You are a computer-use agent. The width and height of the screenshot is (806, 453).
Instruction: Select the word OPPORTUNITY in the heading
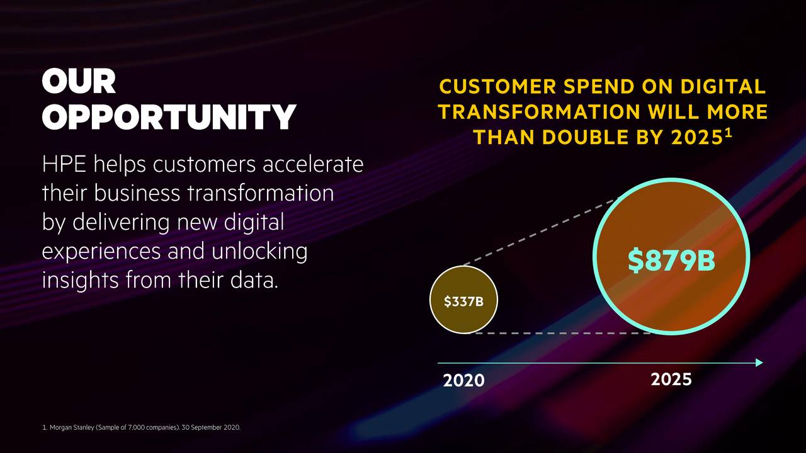[169, 117]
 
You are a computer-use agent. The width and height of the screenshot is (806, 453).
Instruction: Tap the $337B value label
[463, 301]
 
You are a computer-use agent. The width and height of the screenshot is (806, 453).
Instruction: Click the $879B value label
[671, 261]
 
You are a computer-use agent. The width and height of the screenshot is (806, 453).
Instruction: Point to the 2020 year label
[463, 381]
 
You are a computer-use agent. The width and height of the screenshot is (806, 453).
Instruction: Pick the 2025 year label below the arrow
[671, 379]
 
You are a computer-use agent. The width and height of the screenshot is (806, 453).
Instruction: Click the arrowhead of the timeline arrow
[759, 362]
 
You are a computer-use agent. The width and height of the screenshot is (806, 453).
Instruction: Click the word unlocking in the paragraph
[259, 252]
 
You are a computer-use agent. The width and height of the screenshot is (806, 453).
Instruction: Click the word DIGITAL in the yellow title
[717, 87]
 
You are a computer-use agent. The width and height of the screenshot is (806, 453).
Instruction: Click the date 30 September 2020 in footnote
[210, 428]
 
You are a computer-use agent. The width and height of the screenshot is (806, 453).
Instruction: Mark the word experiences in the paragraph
[101, 252]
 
